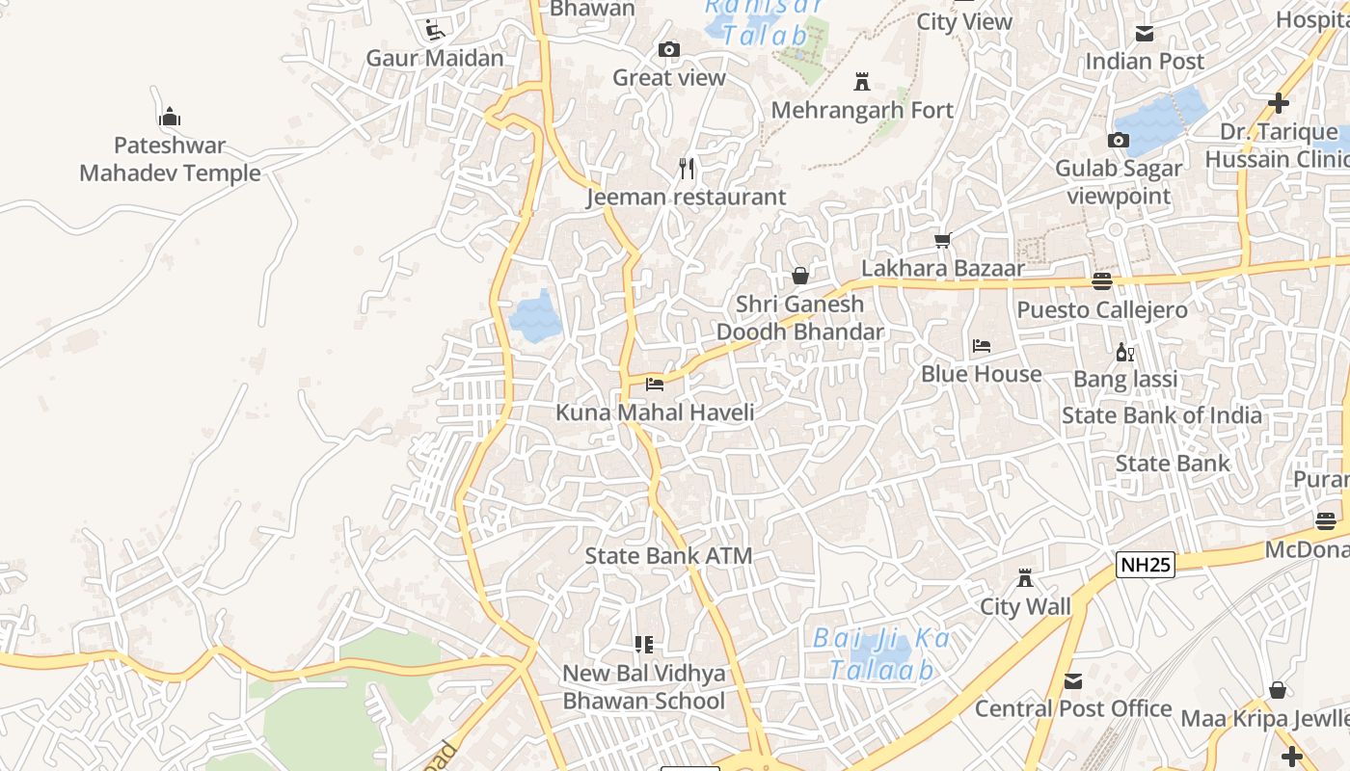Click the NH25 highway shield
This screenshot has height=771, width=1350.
pyautogui.click(x=1146, y=565)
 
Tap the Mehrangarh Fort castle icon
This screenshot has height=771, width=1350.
pyautogui.click(x=862, y=83)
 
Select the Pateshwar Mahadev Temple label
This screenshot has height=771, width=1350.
pyautogui.click(x=170, y=160)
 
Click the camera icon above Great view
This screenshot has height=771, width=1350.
pyautogui.click(x=669, y=50)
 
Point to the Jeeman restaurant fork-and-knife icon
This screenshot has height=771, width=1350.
pyautogui.click(x=687, y=170)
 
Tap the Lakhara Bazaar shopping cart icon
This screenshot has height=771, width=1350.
pyautogui.click(x=942, y=240)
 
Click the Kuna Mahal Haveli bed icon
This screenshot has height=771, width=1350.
pyautogui.click(x=655, y=385)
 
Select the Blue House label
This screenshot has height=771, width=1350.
pyautogui.click(x=981, y=374)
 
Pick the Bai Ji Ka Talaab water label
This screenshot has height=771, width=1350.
pyautogui.click(x=881, y=653)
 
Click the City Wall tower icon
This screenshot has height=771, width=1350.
pyautogui.click(x=1025, y=579)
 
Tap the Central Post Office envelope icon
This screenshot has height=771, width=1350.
pyautogui.click(x=1072, y=682)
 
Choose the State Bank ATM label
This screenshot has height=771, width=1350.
pyautogui.click(x=668, y=556)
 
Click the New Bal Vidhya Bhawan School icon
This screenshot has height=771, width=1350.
pyautogui.click(x=644, y=645)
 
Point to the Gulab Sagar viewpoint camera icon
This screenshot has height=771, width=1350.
pyautogui.click(x=1119, y=141)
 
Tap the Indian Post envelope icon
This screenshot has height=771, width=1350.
pyautogui.click(x=1145, y=35)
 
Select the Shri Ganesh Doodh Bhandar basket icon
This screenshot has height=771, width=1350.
pyautogui.click(x=799, y=277)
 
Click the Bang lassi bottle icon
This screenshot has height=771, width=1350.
pyautogui.click(x=1124, y=353)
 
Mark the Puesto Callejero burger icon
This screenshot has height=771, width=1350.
pyautogui.click(x=1101, y=281)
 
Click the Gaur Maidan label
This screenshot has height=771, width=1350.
pyautogui.click(x=435, y=58)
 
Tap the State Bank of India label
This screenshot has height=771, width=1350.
pyautogui.click(x=1161, y=415)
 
